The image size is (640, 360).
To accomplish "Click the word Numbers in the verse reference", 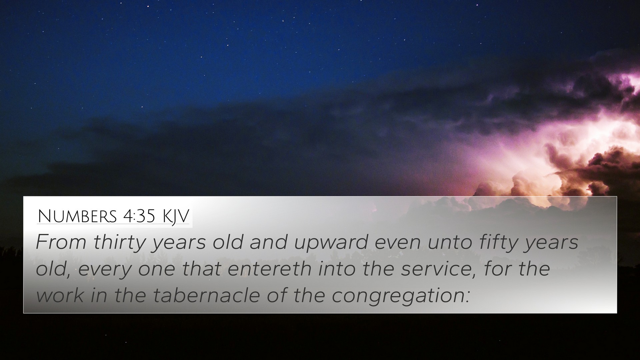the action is (x=77, y=216).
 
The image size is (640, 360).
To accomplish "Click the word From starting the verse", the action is (x=61, y=242).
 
